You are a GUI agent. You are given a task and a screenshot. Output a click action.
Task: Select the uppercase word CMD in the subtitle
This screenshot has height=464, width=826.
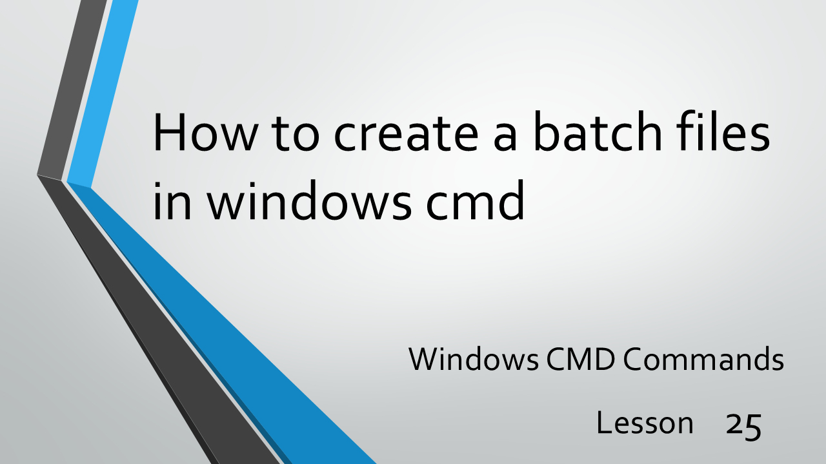coord(579,360)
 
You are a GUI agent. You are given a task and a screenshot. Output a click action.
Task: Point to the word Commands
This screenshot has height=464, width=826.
coord(703,360)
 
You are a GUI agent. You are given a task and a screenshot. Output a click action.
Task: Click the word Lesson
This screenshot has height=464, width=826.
coord(645,423)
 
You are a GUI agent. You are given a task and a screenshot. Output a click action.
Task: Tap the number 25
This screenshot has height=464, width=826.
coord(744,425)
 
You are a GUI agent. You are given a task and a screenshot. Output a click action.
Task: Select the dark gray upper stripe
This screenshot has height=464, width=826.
coord(71,90)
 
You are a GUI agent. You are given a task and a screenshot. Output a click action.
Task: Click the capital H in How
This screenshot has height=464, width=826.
coord(169,132)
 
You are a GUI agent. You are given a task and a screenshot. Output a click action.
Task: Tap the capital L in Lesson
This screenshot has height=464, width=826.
coord(603,423)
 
